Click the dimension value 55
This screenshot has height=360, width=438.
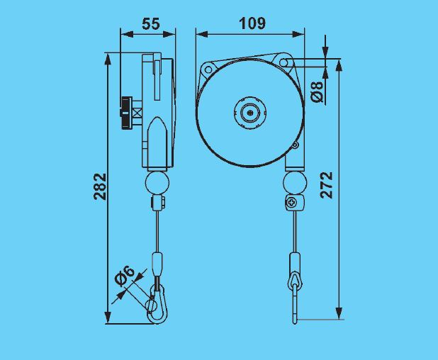(150, 23)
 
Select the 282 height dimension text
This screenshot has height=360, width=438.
(101, 186)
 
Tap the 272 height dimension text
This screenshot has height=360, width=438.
(327, 186)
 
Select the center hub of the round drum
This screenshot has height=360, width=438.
(250, 112)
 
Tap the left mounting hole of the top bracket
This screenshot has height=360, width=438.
(208, 69)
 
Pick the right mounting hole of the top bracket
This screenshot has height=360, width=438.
(284, 64)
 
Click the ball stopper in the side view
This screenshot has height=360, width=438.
(157, 183)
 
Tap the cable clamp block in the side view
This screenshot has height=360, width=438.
(157, 204)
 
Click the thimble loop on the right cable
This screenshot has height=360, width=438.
(293, 281)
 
